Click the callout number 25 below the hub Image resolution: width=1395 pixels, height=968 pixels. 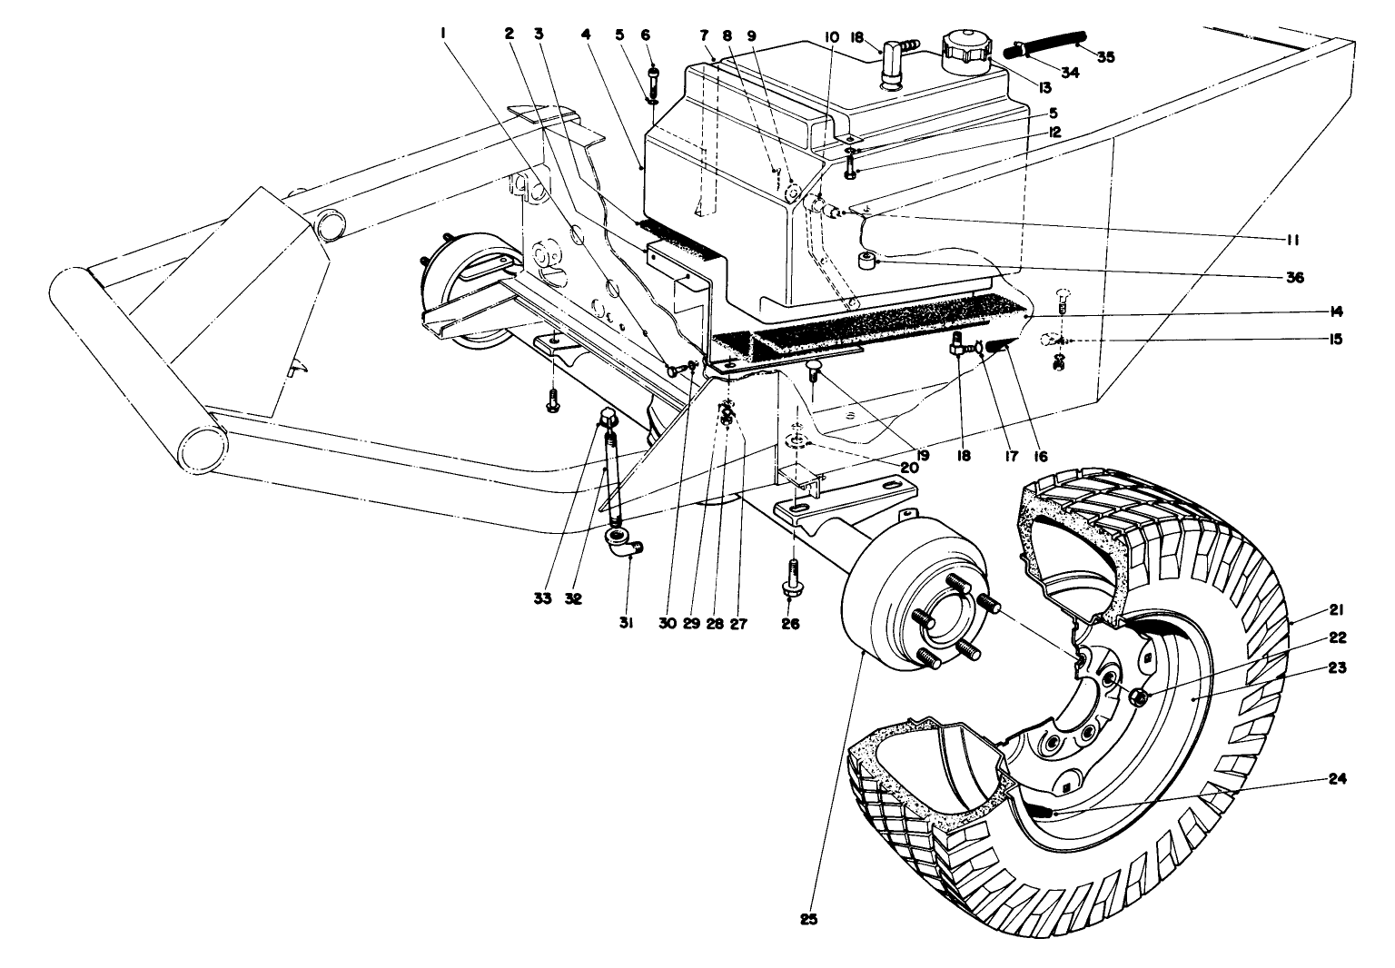[x=809, y=919]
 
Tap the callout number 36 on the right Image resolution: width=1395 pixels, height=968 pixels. [x=1295, y=278]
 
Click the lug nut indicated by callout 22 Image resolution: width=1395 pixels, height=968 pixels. [x=1136, y=696]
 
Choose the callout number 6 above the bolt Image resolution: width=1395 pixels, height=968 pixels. [x=646, y=35]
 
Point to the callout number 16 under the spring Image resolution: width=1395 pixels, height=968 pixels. [x=1041, y=456]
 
